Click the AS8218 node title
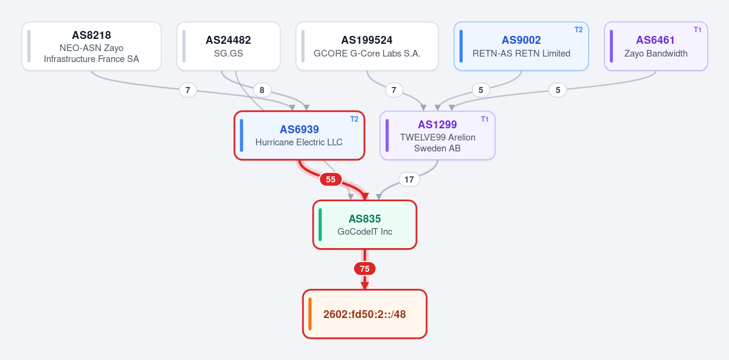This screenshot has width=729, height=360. click(91, 35)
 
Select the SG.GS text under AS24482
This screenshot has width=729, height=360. click(228, 54)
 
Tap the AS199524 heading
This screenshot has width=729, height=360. click(367, 40)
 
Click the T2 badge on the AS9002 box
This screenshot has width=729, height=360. click(578, 29)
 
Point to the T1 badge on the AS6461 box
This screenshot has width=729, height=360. click(697, 29)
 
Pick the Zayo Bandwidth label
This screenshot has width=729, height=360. click(655, 54)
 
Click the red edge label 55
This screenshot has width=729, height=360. click(331, 179)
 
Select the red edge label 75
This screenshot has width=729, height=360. click(365, 268)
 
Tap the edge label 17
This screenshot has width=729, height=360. click(409, 179)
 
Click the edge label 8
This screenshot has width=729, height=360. click(262, 90)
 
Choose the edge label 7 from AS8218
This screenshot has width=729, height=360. click(188, 90)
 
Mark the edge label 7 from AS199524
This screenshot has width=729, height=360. click(394, 90)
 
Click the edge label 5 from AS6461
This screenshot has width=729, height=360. click(558, 90)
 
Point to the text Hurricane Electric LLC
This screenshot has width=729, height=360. click(299, 142)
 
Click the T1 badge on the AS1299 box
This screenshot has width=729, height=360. click(485, 119)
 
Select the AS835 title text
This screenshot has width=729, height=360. click(365, 218)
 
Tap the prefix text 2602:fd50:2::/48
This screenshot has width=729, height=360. click(365, 314)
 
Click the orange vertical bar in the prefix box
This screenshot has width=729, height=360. click(309, 314)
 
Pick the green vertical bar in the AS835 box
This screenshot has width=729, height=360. click(320, 224)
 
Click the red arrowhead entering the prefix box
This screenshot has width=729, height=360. click(365, 285)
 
